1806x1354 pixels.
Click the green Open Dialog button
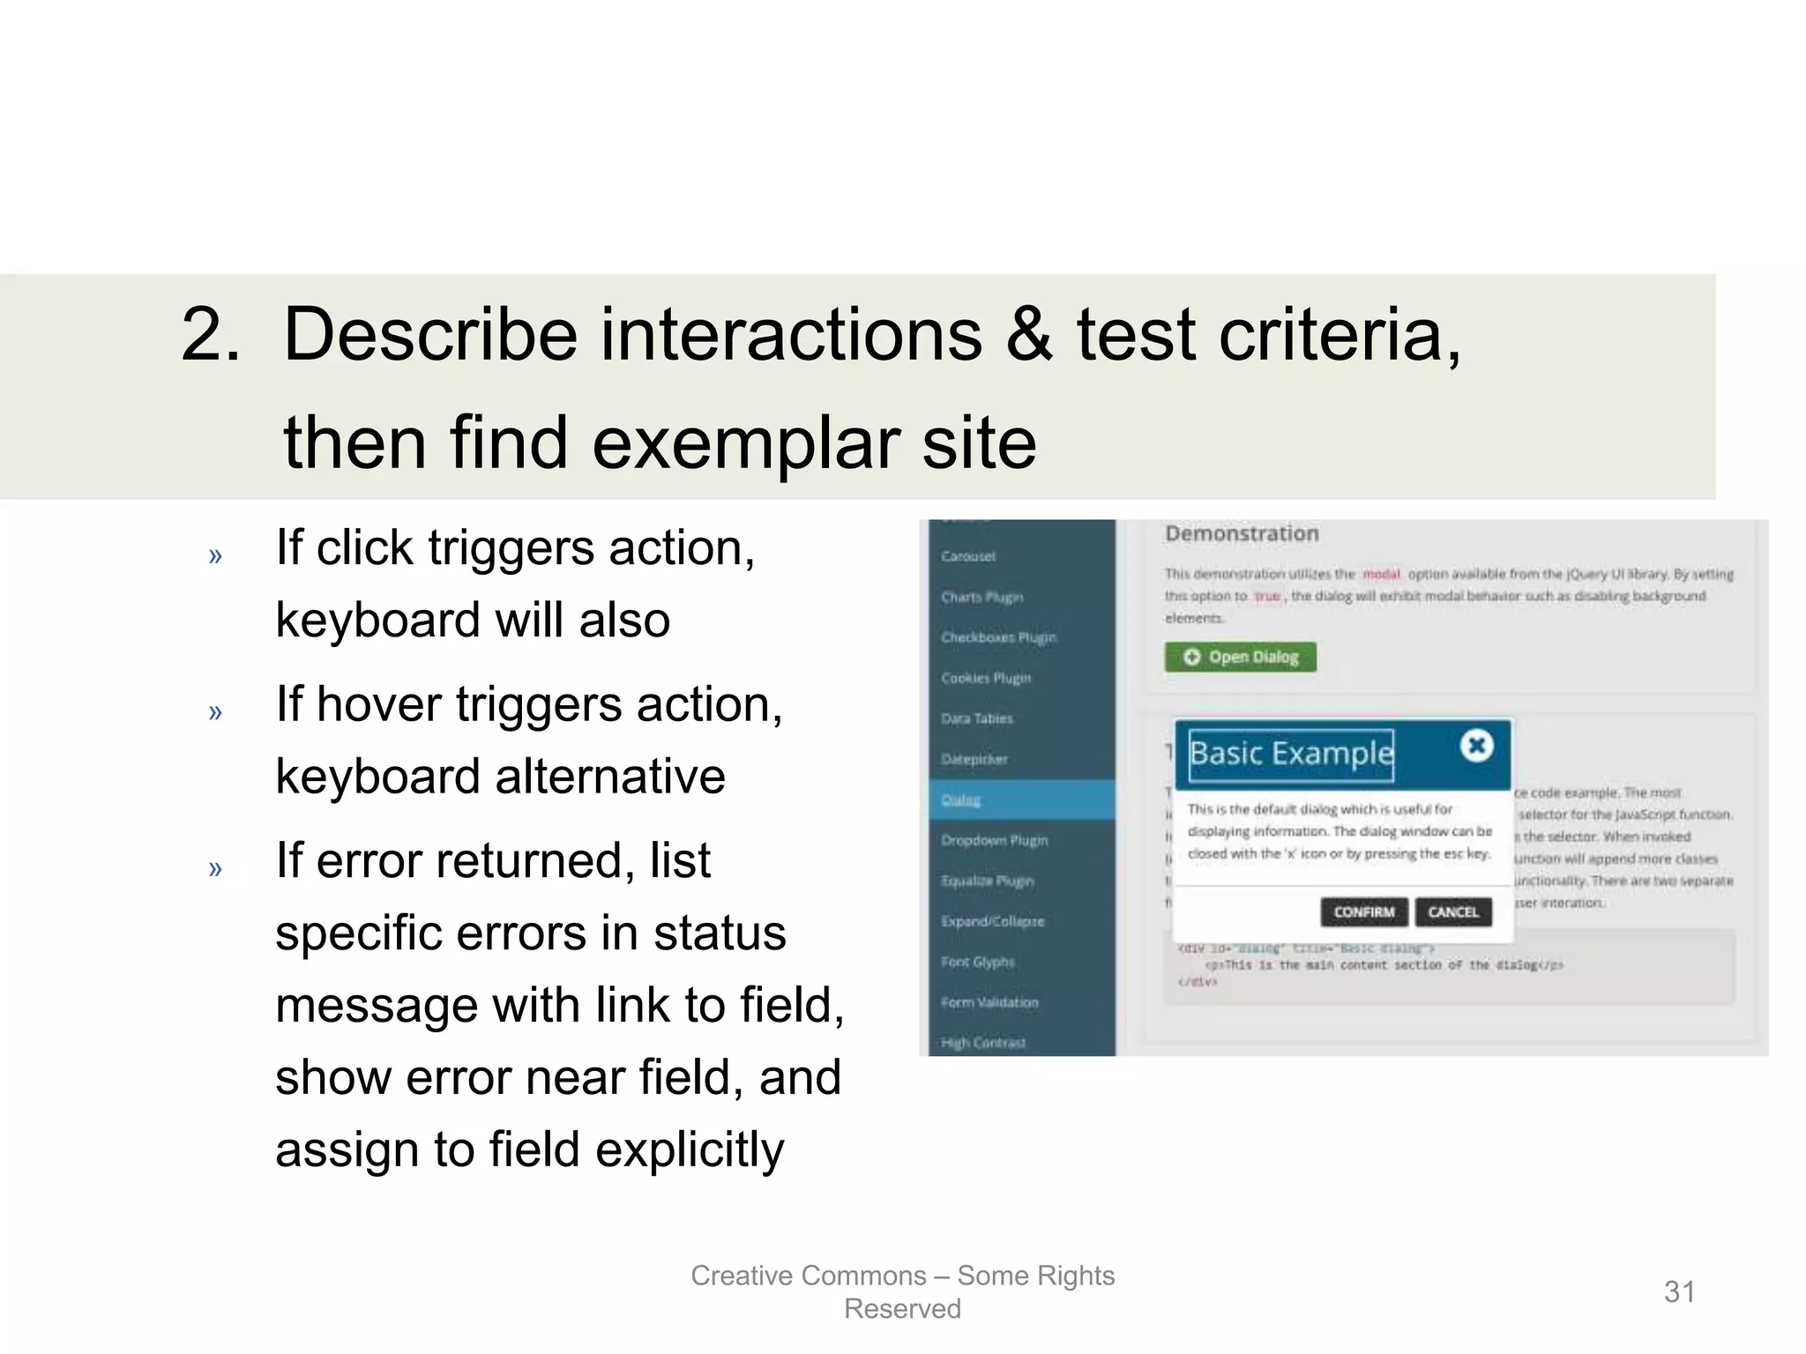tap(1240, 657)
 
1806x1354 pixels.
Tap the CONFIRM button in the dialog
tap(1363, 911)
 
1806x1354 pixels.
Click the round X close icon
tap(1476, 746)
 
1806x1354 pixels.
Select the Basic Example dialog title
tap(1291, 754)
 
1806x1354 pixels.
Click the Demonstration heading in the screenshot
tap(1242, 533)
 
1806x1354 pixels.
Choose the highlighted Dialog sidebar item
tap(961, 800)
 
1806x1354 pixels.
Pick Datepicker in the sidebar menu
tap(974, 759)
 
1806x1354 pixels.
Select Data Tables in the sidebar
tap(977, 718)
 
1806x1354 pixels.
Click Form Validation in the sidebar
tap(989, 1002)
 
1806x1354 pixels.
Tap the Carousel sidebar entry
tap(968, 556)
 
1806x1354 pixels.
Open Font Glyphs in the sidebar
tap(978, 962)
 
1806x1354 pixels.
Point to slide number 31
tap(1679, 1291)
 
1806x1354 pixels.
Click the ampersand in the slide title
tap(1029, 335)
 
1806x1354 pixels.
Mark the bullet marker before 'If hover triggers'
tap(215, 711)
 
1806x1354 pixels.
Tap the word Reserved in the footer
tap(902, 1309)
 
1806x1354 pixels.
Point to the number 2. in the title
tap(210, 335)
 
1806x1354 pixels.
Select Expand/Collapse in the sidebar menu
tap(992, 921)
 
